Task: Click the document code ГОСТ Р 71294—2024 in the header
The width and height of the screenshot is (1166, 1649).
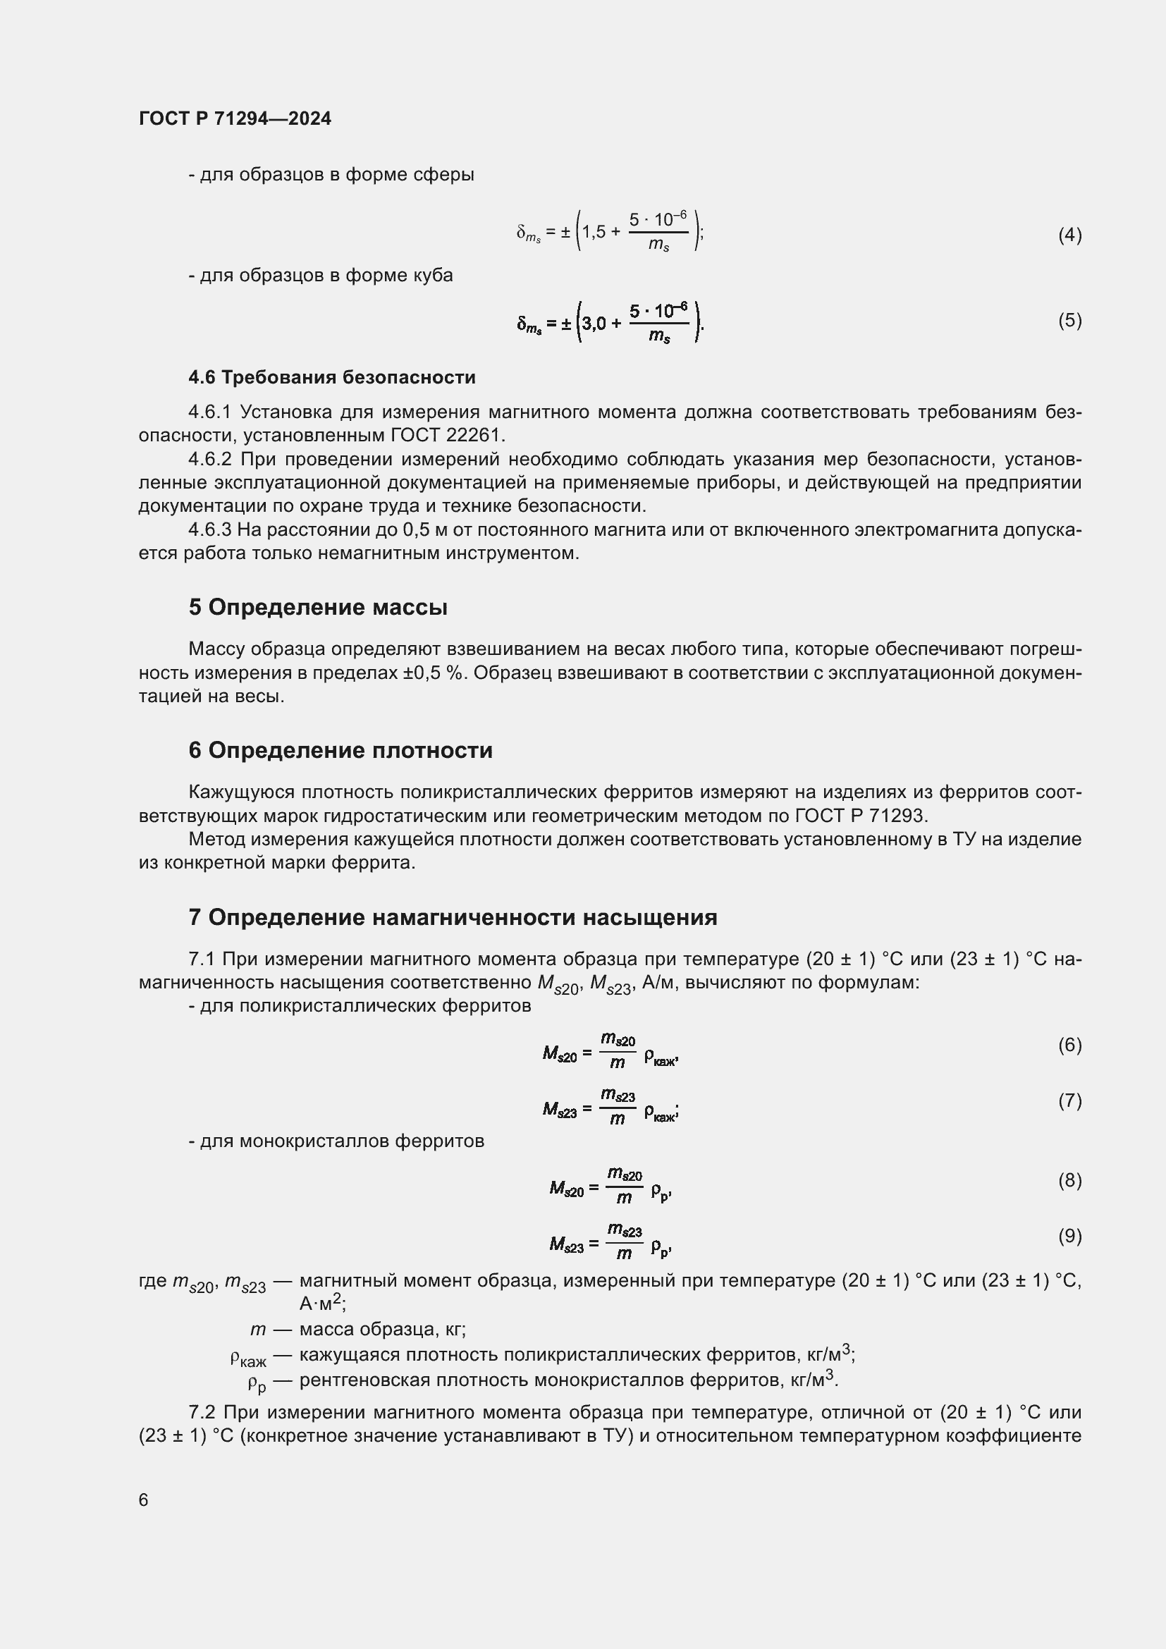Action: coord(235,118)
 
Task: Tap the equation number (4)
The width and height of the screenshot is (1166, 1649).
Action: coord(1069,235)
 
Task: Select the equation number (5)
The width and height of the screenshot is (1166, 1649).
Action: coord(1069,319)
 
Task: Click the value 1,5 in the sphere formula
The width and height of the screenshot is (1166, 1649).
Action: coord(594,232)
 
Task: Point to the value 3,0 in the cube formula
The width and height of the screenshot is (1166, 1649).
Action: coord(594,323)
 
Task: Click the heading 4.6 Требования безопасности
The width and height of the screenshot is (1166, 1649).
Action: coord(332,377)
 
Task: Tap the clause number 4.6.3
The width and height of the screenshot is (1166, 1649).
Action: coord(209,530)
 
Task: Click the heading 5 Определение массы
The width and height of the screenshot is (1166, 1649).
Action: coord(318,607)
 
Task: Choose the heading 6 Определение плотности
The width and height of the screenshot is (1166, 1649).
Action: coord(340,750)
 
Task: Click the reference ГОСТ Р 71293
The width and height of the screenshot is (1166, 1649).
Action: coord(861,816)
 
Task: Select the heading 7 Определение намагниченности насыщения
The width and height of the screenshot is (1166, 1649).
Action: coord(453,917)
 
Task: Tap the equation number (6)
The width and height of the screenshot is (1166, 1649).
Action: coord(1069,1045)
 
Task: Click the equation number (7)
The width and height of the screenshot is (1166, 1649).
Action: coord(1069,1101)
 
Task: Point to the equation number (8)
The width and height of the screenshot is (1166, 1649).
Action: coord(1069,1180)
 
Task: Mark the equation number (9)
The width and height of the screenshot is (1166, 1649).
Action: coord(1069,1235)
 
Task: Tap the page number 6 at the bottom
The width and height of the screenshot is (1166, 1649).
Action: coord(144,1500)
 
